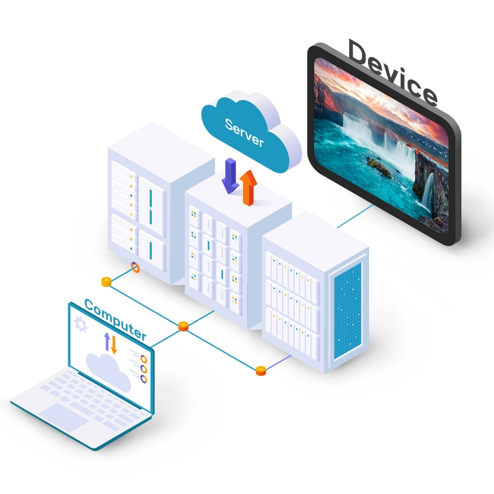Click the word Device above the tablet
point(393,72)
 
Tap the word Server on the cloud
point(244,133)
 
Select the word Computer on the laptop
point(115,319)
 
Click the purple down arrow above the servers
point(231,175)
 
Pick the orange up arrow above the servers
point(248,188)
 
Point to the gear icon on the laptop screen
point(80,325)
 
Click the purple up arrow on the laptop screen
point(107,341)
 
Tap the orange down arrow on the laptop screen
point(114,344)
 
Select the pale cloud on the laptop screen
point(109,371)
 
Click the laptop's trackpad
point(63,416)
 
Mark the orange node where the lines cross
point(183,326)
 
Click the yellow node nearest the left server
point(107,282)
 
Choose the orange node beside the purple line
point(261,371)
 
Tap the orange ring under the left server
point(135,267)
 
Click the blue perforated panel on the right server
point(348,310)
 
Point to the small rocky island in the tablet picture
point(379,167)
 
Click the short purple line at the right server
point(278,362)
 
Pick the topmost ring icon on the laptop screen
point(144,359)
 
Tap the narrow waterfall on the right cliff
point(427,193)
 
